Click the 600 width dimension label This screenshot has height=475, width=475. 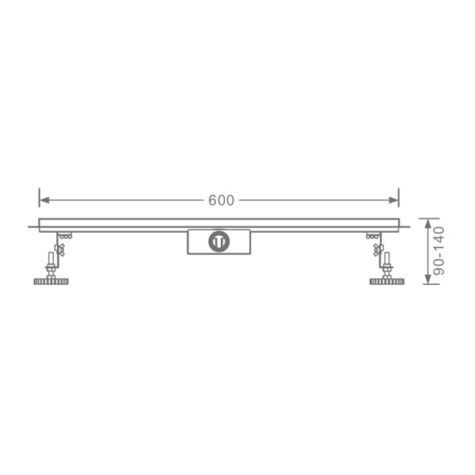pos(221,200)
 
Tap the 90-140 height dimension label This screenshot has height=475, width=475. pos(439,251)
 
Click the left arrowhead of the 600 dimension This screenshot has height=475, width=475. pos(44,200)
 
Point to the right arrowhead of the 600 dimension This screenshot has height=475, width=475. pos(393,200)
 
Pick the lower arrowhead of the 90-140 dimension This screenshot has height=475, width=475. pos(427,279)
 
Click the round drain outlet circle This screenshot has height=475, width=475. pos(218,241)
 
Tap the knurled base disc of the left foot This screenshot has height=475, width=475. pos(51,282)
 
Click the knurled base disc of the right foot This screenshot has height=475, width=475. pos(387,282)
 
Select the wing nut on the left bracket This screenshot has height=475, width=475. pos(59,249)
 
